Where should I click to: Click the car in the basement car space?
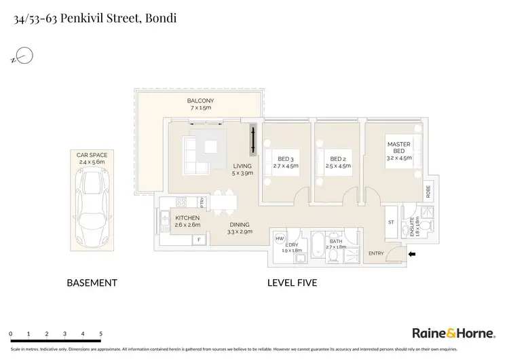coord(92,209)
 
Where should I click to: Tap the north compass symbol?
coord(24,56)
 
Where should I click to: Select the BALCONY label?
coord(201,102)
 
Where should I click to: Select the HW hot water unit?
coord(280,239)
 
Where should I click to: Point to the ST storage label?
coord(390,221)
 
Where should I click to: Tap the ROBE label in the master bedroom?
coord(428,192)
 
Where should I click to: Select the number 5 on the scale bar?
coord(100,334)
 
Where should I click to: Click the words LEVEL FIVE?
coord(293,283)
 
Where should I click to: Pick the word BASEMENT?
coord(92,283)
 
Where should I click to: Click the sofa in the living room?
coord(197,154)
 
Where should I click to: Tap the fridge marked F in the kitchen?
coord(199,239)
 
